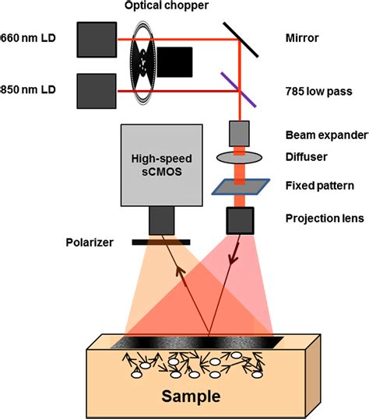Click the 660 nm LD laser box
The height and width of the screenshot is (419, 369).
pyautogui.click(x=95, y=39)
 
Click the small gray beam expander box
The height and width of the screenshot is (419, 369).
pyautogui.click(x=239, y=131)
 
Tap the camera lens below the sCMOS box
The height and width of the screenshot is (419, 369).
pyautogui.click(x=162, y=220)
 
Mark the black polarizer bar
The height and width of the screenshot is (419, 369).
pyautogui.click(x=162, y=243)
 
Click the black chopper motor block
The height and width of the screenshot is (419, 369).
pyautogui.click(x=176, y=63)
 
